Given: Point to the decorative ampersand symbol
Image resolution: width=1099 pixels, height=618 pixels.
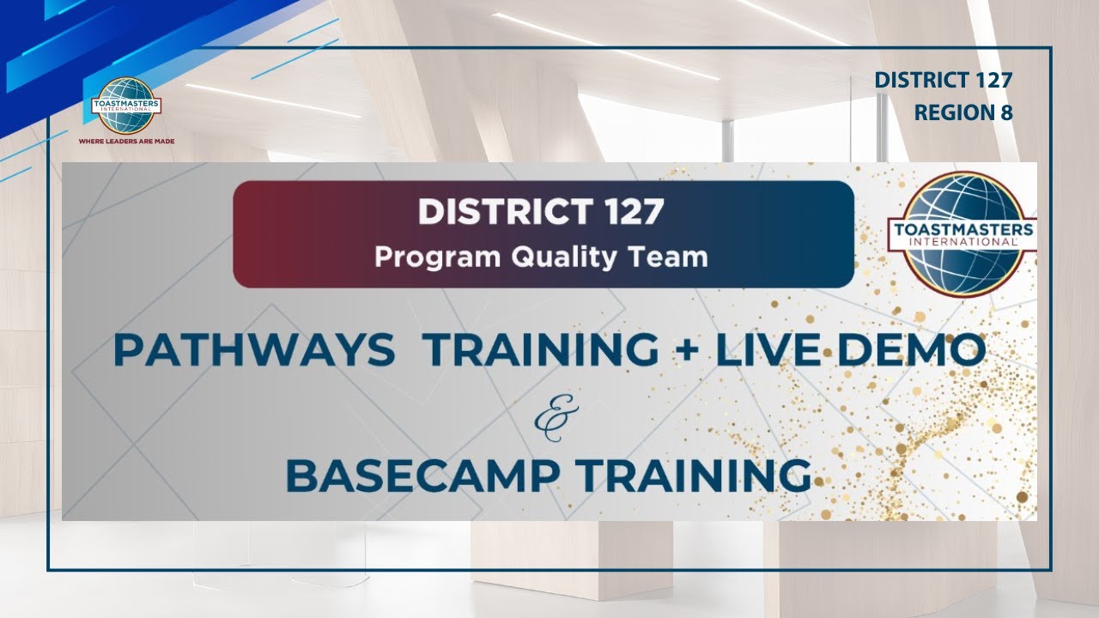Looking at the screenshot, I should pos(549,415).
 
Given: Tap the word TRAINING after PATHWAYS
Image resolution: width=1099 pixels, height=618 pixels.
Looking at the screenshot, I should pos(542,351).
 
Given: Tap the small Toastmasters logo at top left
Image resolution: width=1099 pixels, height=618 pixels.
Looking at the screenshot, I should pos(126,106).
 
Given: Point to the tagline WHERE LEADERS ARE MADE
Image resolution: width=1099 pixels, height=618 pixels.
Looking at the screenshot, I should pos(126,140).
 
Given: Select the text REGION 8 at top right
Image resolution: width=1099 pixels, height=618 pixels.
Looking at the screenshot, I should pos(963,112).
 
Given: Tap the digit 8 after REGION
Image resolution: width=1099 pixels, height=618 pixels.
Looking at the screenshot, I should pos(1005,112).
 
